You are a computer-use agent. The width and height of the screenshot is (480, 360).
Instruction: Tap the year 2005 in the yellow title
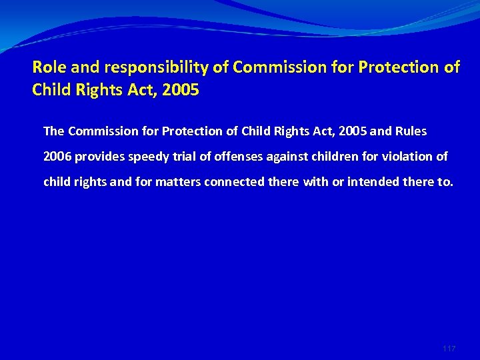click(180, 89)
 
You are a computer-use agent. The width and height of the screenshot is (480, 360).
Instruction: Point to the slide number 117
click(449, 349)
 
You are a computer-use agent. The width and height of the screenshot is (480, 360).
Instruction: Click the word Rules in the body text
click(409, 131)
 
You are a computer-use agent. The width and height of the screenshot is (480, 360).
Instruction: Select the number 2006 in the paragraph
click(57, 156)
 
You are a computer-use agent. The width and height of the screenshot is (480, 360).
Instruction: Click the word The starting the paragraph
click(54, 131)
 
